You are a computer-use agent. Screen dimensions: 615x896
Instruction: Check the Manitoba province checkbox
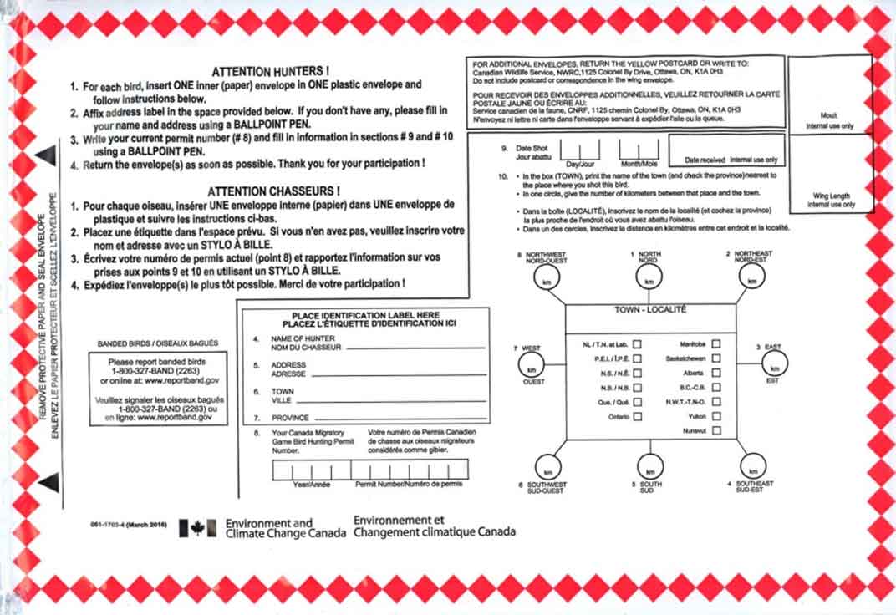click(716, 343)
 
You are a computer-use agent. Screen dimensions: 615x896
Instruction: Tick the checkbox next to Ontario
click(637, 416)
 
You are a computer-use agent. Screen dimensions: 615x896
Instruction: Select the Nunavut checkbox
click(716, 430)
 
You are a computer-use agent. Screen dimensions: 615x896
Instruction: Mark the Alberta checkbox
click(716, 373)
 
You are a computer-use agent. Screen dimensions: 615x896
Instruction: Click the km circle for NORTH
click(649, 280)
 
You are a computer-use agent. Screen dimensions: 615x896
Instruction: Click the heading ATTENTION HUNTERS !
click(270, 73)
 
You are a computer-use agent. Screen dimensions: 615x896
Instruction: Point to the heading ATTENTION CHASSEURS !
click(272, 191)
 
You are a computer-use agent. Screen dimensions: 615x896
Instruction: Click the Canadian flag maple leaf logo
click(197, 527)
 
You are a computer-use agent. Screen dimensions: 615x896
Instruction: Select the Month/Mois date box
click(639, 150)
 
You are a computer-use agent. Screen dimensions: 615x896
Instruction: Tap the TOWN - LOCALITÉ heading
click(650, 309)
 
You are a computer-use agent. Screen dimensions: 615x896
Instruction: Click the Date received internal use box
click(726, 150)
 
